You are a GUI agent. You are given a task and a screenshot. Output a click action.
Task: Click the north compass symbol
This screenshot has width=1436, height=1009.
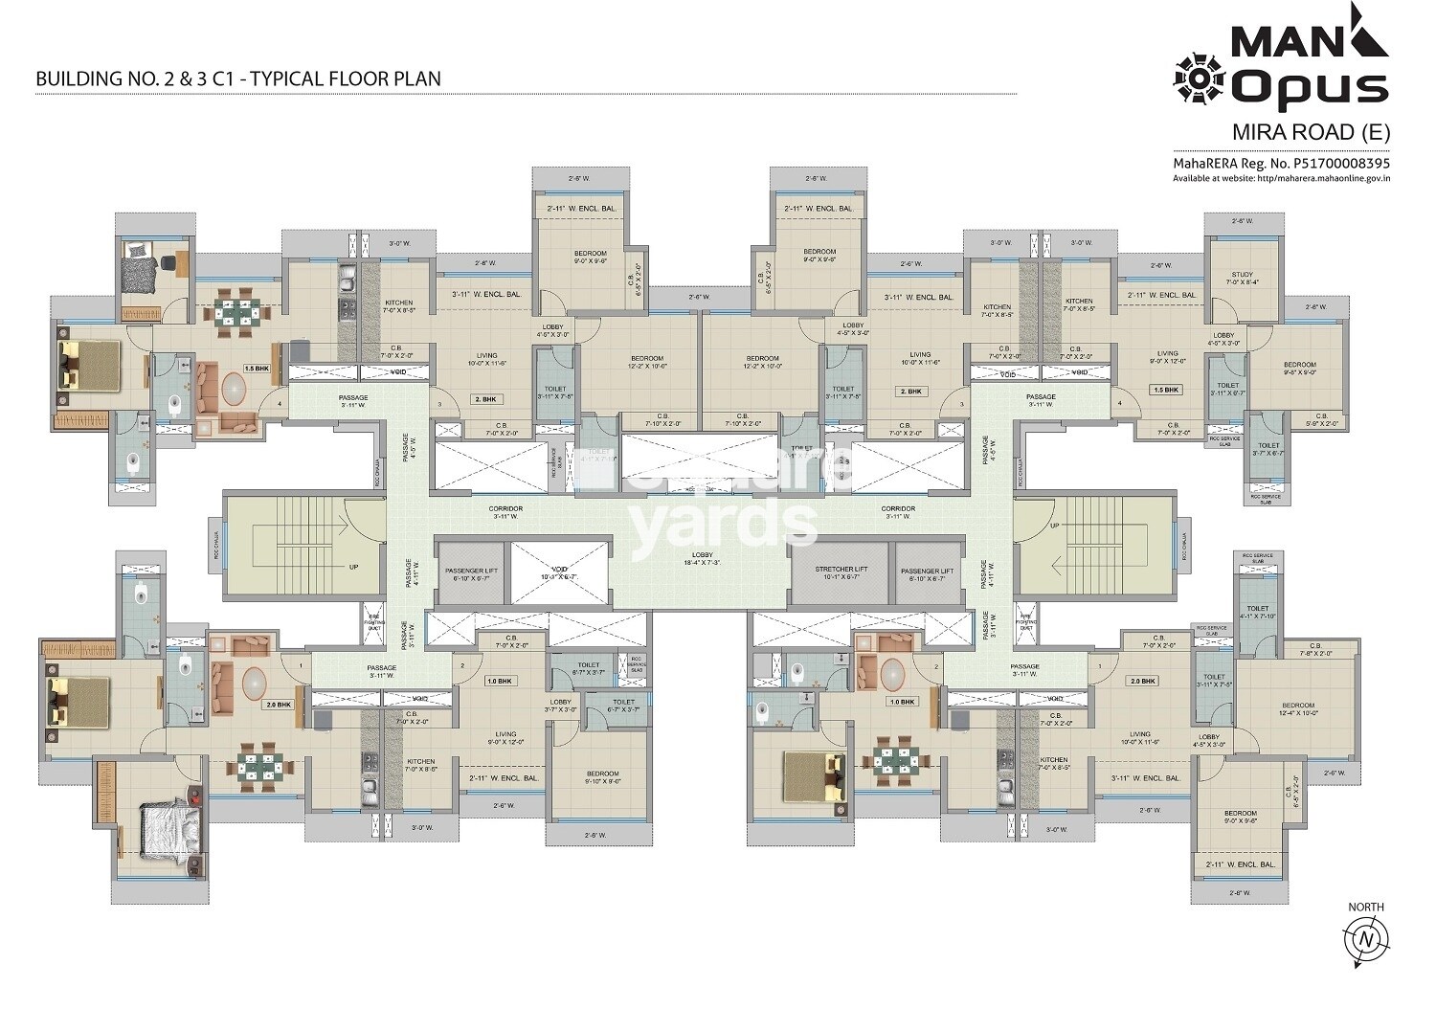1365,939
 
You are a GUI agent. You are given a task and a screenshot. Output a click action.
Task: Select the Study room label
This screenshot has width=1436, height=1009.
1242,279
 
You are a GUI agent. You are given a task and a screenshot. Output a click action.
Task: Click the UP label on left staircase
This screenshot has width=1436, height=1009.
353,567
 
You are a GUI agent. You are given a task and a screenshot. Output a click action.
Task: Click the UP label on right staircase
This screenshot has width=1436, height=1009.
1054,526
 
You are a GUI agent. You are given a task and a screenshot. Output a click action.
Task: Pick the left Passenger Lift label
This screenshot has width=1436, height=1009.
472,574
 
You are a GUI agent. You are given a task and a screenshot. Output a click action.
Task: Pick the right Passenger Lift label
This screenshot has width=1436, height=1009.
927,574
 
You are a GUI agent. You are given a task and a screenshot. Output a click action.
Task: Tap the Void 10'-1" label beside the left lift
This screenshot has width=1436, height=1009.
560,574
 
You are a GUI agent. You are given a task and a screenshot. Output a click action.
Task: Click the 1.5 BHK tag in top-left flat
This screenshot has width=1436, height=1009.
256,369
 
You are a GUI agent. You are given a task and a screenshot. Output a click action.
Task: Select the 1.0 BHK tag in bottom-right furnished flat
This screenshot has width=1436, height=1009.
903,702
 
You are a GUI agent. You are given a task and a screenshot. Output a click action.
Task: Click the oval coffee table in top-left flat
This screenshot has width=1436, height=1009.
236,392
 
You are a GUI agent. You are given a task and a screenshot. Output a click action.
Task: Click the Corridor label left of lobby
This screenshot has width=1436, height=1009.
505,512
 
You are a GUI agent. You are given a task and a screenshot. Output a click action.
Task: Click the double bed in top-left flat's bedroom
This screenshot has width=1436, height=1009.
89,365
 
